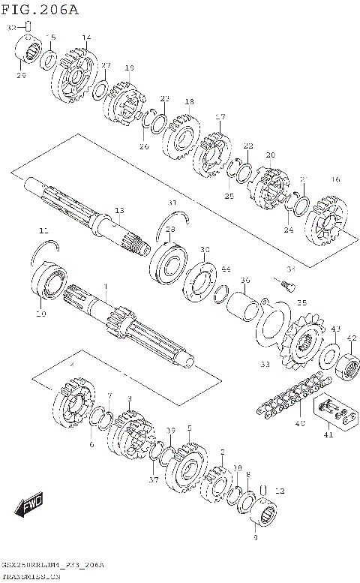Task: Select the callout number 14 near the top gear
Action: (86, 38)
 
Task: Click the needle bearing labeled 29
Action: (28, 53)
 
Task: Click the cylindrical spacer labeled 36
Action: (245, 307)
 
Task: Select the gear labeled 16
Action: (328, 220)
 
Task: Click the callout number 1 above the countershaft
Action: (106, 286)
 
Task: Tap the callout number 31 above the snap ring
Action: (172, 203)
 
